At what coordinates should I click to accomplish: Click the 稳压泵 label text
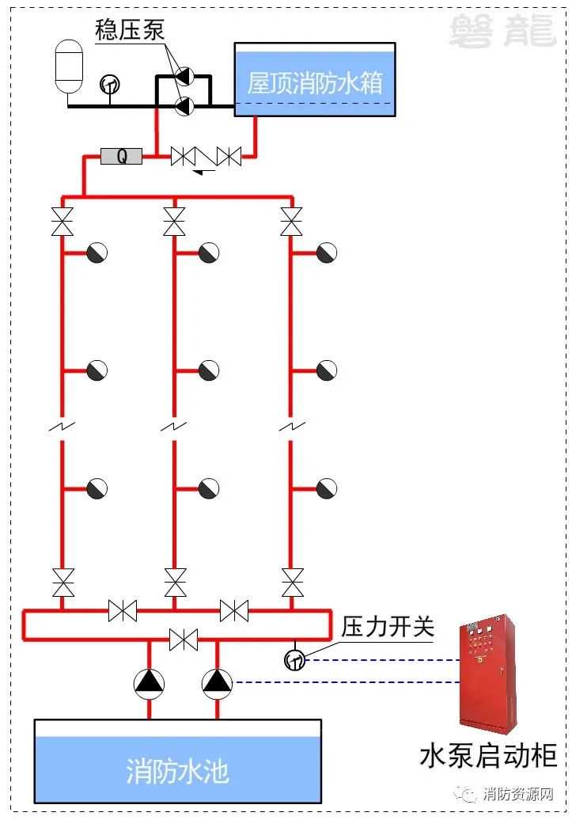pyautogui.click(x=130, y=30)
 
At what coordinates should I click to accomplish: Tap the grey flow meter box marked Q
pyautogui.click(x=121, y=156)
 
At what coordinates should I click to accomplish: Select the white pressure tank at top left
pyautogui.click(x=69, y=66)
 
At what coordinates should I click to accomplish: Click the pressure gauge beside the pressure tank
pyautogui.click(x=110, y=84)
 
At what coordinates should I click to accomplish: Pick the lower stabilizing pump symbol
pyautogui.click(x=184, y=106)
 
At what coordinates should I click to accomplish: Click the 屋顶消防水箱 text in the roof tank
pyautogui.click(x=315, y=82)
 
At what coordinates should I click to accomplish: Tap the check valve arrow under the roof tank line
pyautogui.click(x=204, y=171)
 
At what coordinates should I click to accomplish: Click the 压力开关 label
pyautogui.click(x=388, y=626)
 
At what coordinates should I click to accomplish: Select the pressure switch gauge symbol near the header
pyautogui.click(x=294, y=660)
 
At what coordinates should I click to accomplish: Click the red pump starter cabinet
pyautogui.click(x=488, y=674)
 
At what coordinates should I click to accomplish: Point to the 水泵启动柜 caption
pyautogui.click(x=488, y=756)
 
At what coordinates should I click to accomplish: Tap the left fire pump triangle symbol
pyautogui.click(x=149, y=684)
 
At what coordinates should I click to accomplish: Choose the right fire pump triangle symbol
pyautogui.click(x=217, y=684)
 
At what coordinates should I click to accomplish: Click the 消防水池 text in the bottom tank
pyautogui.click(x=177, y=771)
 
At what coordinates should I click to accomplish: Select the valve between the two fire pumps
pyautogui.click(x=184, y=640)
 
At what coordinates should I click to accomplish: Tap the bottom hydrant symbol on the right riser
pyautogui.click(x=326, y=488)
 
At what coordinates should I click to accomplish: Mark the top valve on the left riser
pyautogui.click(x=63, y=222)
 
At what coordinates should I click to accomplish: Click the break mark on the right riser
pyautogui.click(x=292, y=427)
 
